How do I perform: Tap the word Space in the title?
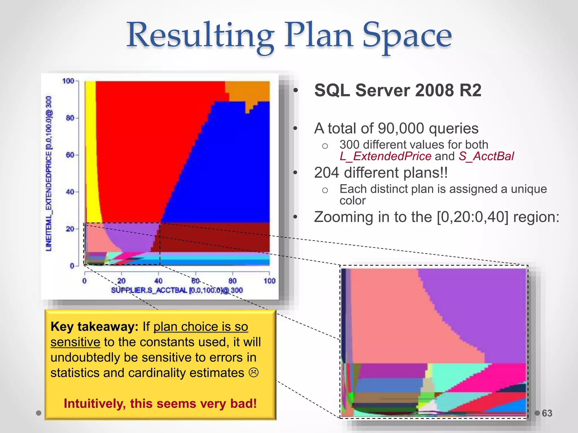coord(407,36)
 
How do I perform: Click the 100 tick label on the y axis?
coord(68,81)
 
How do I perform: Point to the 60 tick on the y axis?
coord(70,155)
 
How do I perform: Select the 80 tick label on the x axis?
coord(232,281)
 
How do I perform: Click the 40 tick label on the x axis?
coord(158,281)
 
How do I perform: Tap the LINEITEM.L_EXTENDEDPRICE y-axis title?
coord(49,173)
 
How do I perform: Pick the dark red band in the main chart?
coord(214,237)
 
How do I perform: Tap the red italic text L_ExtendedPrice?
coord(385,156)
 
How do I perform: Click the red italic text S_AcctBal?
coord(486,156)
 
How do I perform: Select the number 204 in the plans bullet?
coord(327,173)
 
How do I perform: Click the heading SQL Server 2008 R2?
coord(398,90)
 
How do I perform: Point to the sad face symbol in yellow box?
coord(253,373)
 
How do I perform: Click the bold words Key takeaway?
coord(94,327)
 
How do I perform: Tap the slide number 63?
coord(547,413)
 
